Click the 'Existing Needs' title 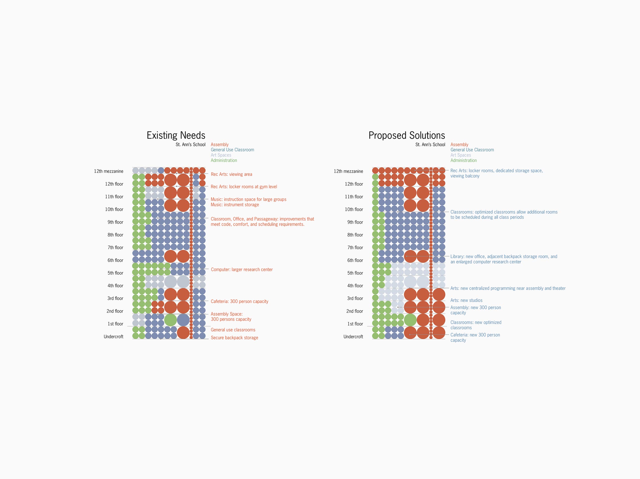[176, 135]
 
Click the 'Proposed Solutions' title [407, 135]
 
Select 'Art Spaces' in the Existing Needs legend [221, 155]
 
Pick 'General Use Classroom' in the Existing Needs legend [232, 150]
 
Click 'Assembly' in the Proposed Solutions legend [459, 145]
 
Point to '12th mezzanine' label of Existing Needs [109, 171]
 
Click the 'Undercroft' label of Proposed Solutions [353, 337]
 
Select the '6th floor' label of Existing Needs [115, 260]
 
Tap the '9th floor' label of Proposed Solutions [355, 222]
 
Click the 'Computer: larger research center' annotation [242, 270]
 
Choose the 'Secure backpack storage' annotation [234, 338]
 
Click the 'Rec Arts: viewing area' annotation [231, 174]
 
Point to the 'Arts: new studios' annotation [466, 300]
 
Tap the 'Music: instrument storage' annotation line [235, 205]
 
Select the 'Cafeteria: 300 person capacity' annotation [239, 301]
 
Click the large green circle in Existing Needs [170, 320]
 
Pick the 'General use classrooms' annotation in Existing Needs [233, 330]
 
